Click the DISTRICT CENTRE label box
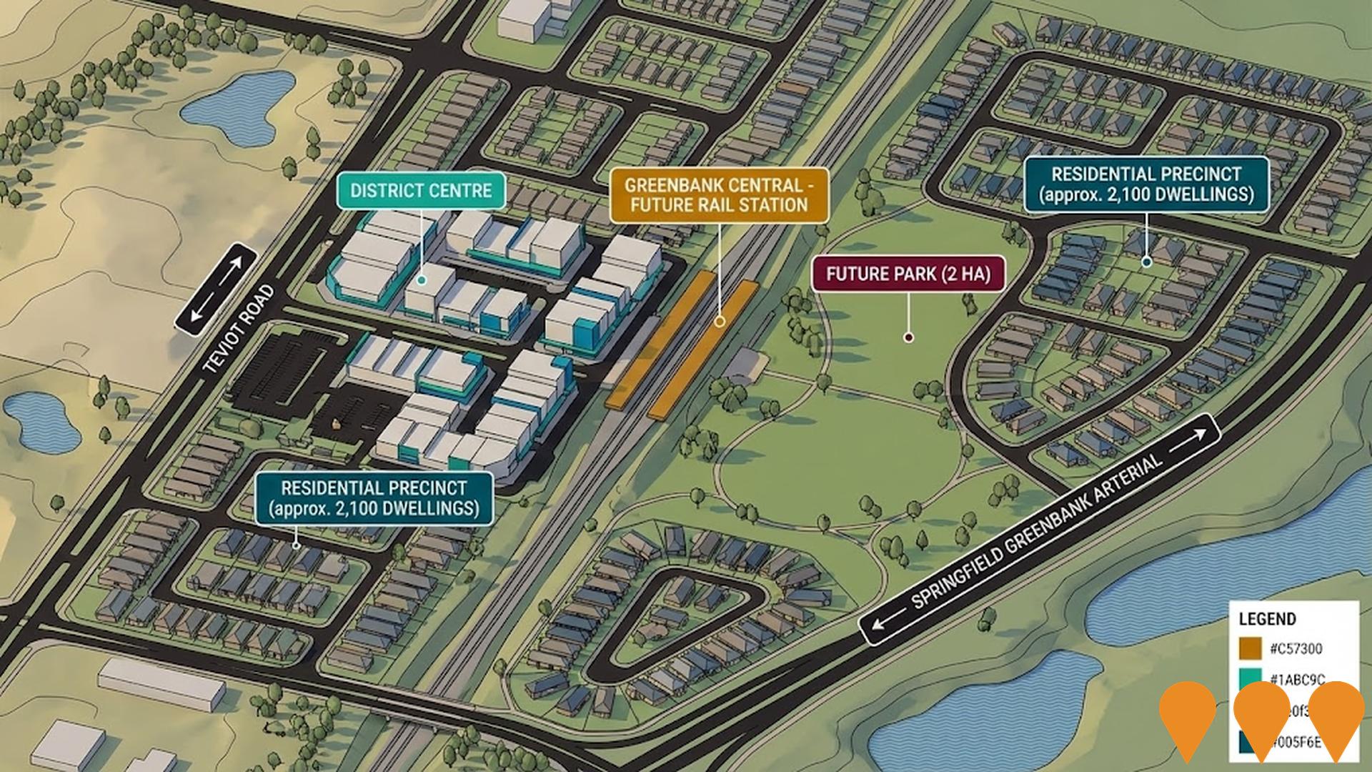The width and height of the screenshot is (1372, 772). (421, 191)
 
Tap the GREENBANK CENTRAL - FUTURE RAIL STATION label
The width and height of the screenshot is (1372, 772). (718, 195)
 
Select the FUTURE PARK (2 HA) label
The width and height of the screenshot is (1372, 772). (908, 274)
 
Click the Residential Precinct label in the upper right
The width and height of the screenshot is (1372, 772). (1146, 184)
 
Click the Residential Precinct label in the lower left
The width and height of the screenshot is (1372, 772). (374, 498)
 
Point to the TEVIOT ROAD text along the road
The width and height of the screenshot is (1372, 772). (238, 330)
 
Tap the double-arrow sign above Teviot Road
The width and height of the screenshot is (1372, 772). (216, 289)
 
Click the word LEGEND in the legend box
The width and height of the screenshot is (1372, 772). (1267, 619)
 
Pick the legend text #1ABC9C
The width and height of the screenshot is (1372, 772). (1297, 680)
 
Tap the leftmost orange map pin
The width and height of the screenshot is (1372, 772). (1187, 711)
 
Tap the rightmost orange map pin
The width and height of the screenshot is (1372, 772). (1336, 711)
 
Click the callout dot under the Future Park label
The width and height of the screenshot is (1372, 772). (908, 337)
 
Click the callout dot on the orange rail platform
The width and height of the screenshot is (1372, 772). (720, 322)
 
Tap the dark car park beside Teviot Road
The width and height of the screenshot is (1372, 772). (286, 375)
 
